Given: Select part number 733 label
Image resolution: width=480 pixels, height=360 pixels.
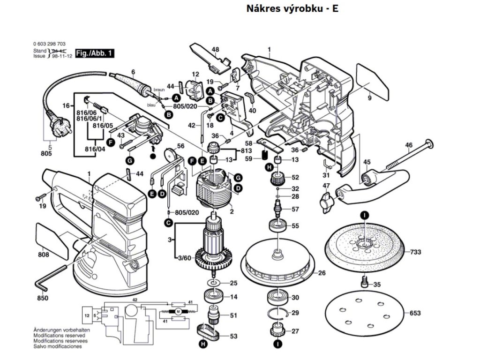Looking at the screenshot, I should (x=416, y=252).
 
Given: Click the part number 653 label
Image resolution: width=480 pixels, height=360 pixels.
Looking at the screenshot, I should (x=415, y=313).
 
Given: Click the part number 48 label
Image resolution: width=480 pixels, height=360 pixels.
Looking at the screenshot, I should (x=215, y=49).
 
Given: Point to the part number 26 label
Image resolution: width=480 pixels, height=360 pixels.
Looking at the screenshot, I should (x=322, y=273).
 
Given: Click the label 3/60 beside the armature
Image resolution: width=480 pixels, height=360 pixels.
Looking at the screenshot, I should (x=185, y=258).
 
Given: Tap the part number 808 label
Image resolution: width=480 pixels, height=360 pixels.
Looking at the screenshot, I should (x=44, y=256).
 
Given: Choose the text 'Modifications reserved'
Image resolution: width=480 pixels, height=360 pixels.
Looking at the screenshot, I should (x=59, y=336).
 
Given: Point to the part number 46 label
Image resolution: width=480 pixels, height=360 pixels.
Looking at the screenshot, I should (x=408, y=145).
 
